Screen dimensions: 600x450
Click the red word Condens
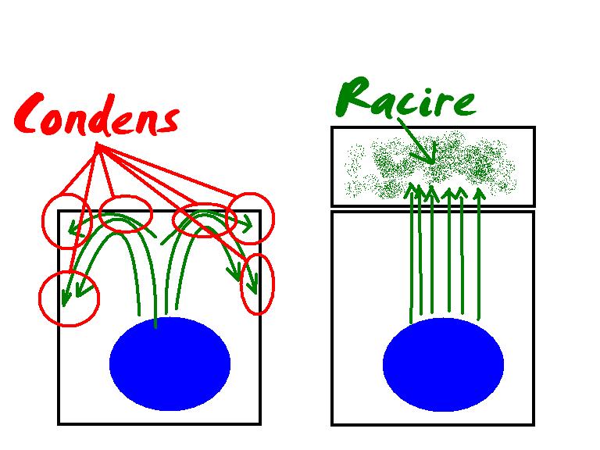96,115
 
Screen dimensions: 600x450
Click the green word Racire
405,96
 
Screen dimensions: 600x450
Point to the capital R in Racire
353,96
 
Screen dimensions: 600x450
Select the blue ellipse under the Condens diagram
170,363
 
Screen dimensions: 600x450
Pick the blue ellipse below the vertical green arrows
443,364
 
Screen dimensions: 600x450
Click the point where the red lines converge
97,145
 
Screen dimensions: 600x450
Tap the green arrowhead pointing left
73,229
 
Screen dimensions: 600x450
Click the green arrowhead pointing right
247,224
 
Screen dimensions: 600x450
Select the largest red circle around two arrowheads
69,298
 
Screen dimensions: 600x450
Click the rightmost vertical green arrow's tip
479,189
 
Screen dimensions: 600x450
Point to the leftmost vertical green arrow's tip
412,185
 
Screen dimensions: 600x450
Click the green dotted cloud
430,166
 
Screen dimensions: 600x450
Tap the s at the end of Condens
169,120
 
